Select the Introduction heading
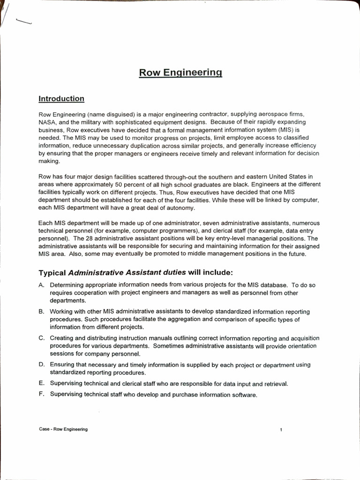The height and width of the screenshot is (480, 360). pos(61,99)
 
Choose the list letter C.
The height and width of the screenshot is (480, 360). pos(41,338)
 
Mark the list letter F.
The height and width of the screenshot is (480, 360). pos(41,395)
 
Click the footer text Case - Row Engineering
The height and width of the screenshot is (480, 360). pos(63,429)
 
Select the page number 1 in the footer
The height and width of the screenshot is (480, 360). pos(281,430)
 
